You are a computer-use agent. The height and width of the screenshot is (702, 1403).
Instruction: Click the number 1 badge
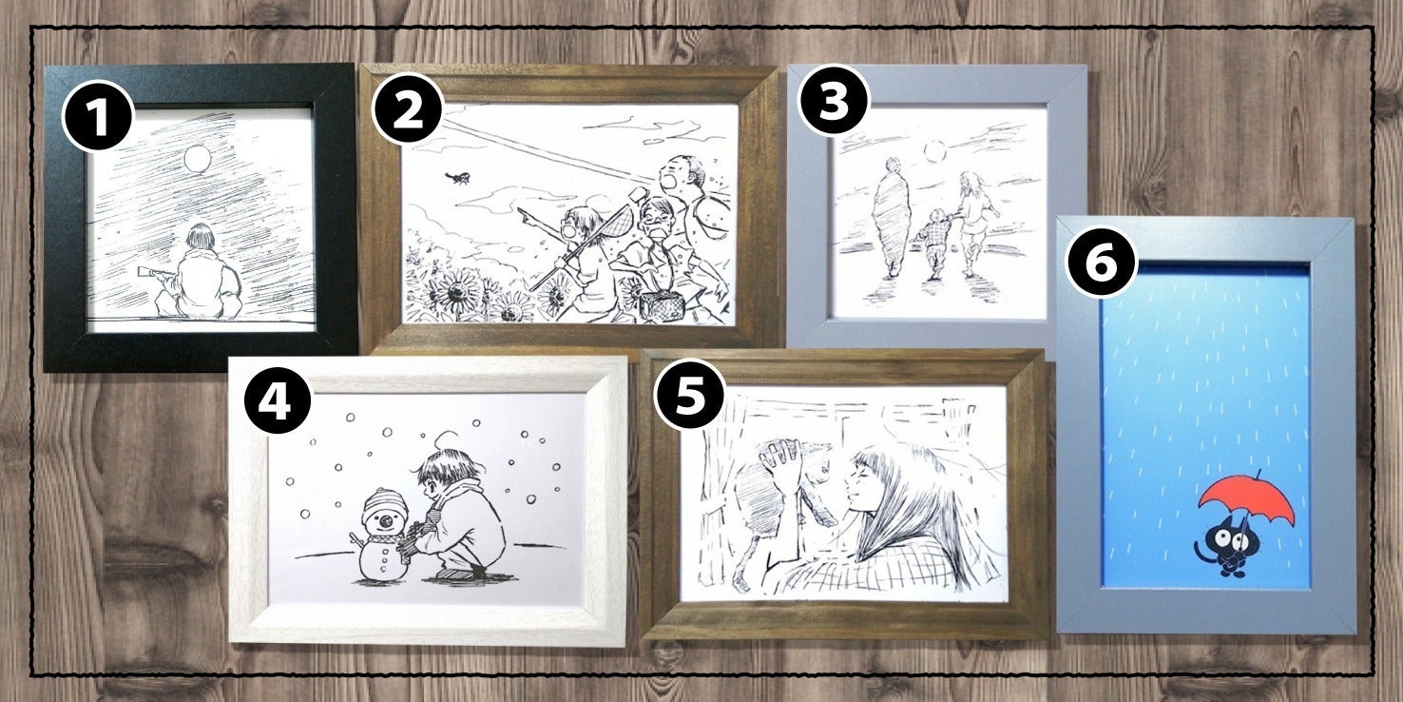[x=98, y=115]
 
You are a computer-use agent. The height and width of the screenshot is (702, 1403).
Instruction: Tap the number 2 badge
[x=408, y=109]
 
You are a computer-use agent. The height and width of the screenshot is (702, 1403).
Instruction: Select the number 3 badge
[x=834, y=100]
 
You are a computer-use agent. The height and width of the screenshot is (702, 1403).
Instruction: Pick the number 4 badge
[x=277, y=399]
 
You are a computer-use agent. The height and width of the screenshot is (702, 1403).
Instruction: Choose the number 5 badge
[x=689, y=394]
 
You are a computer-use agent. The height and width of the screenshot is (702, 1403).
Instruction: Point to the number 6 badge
[x=1101, y=261]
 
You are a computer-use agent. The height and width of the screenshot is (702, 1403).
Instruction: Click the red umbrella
[x=1246, y=505]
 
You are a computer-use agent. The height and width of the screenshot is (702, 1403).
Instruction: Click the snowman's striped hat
[x=384, y=502]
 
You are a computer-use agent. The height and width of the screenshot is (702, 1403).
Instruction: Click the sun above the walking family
[x=934, y=151]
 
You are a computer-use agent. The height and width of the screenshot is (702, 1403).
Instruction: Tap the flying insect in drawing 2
[x=457, y=179]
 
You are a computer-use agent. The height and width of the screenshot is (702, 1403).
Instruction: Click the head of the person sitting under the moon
[x=200, y=239]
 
